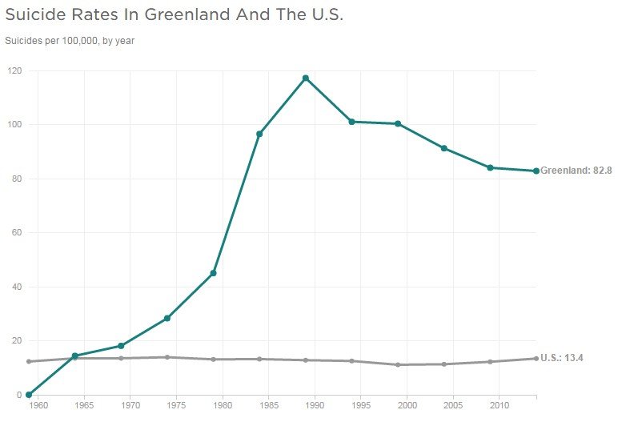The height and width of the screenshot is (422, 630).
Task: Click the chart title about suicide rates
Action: pos(174,15)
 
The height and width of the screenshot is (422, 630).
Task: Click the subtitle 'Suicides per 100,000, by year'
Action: pos(69,40)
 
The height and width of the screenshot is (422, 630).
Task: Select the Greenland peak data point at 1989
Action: pos(305,78)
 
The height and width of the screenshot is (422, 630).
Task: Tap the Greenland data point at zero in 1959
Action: pos(29,394)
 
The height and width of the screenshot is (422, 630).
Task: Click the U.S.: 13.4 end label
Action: pos(562,358)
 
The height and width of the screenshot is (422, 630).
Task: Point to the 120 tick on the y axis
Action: pos(14,70)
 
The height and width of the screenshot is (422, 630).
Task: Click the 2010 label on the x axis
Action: pos(499,407)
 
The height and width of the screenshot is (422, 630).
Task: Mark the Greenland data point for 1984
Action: pos(259,134)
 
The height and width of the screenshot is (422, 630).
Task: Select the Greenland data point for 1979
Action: pos(213,273)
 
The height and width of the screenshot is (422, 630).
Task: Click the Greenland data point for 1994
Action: pos(351,122)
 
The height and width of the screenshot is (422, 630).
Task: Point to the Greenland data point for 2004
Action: pos(443,148)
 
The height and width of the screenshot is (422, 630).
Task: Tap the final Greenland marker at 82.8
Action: pos(536,171)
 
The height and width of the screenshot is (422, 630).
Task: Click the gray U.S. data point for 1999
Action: pos(398,364)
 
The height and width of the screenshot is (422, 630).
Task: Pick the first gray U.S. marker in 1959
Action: pos(29,361)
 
